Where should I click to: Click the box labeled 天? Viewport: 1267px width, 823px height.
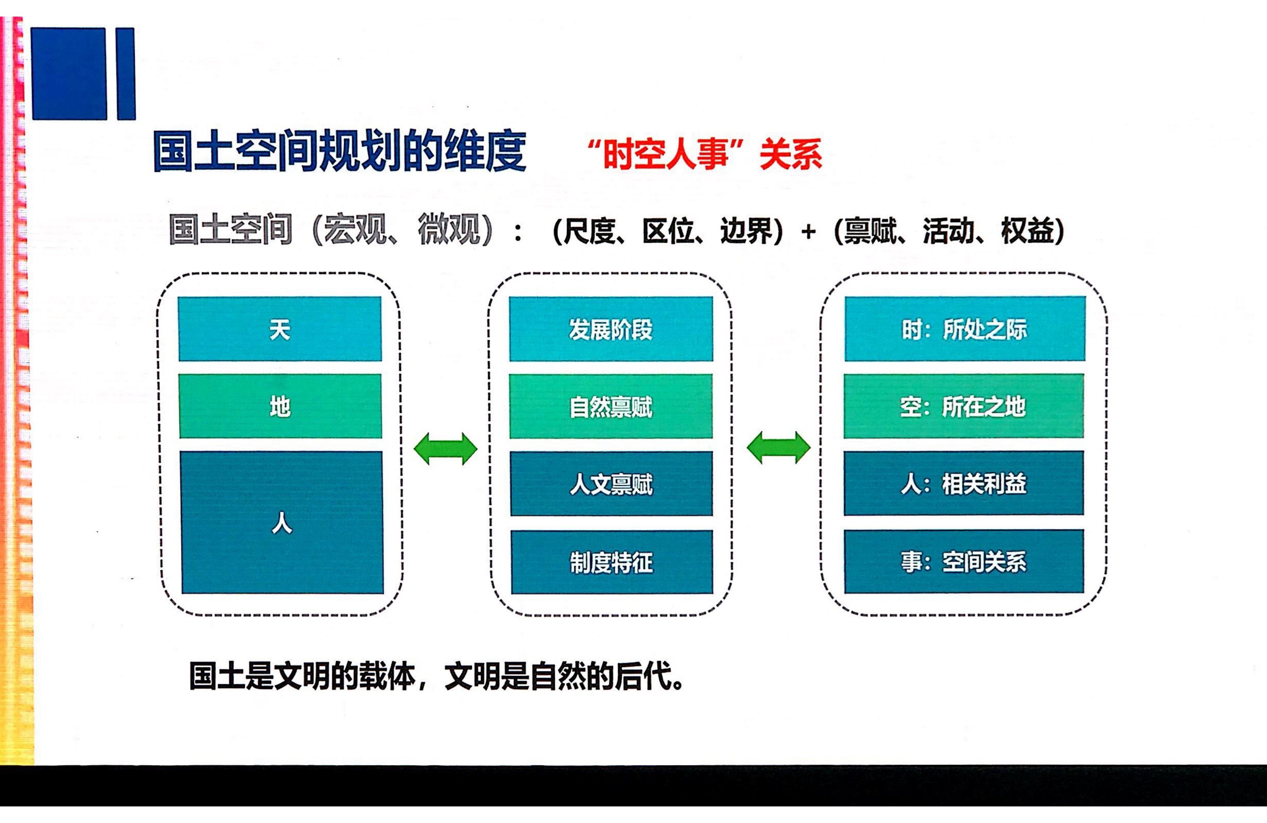280,329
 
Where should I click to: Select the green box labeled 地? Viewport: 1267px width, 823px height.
281,406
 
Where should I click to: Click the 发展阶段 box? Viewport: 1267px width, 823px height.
611,329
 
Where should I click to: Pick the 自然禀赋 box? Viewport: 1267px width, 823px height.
611,407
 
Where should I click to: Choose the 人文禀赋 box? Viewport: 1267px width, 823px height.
612,484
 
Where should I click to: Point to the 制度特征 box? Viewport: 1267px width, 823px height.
612,562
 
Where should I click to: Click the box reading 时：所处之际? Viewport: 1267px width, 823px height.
965,329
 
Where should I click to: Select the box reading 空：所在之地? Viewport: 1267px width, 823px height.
963,406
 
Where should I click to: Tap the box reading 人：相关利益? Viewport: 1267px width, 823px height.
963,483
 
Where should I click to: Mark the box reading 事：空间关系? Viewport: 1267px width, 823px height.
964,561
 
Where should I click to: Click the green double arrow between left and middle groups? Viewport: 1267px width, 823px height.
446,448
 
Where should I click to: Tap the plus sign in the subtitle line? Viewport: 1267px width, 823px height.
808,232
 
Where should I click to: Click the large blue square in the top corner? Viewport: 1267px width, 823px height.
69,73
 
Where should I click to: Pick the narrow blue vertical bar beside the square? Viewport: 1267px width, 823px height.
126,73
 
